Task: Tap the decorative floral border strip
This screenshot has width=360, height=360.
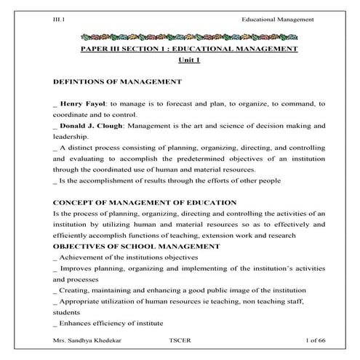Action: coord(179,34)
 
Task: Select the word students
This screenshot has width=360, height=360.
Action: coord(68,311)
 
